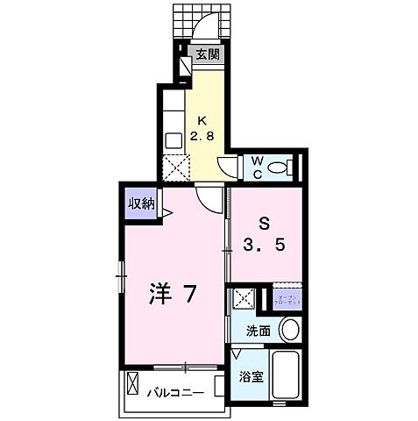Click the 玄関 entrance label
208,55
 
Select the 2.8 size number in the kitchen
203,137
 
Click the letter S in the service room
263,223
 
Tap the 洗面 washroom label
257,332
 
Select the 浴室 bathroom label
252,377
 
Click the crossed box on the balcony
133,385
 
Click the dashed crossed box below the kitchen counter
175,167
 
